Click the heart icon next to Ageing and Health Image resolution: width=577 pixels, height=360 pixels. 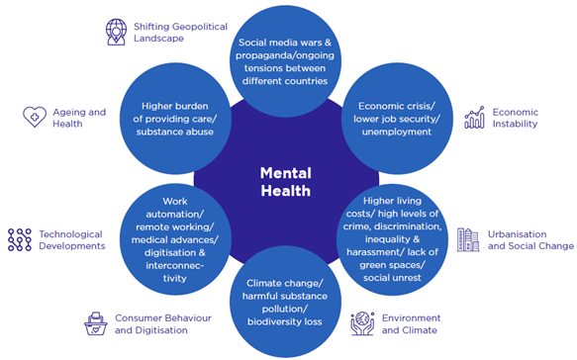tap(35, 117)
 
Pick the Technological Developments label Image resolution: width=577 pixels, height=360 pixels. tap(71, 239)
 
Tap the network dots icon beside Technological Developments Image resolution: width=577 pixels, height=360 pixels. tap(19, 239)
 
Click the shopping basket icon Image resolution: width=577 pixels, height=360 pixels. tap(96, 323)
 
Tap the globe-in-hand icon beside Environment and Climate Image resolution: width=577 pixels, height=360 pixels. tap(363, 323)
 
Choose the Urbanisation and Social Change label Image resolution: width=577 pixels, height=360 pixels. tap(528, 239)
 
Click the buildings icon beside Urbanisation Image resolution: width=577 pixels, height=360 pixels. tap(467, 239)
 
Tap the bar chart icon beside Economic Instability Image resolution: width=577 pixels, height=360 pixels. tap(475, 117)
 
